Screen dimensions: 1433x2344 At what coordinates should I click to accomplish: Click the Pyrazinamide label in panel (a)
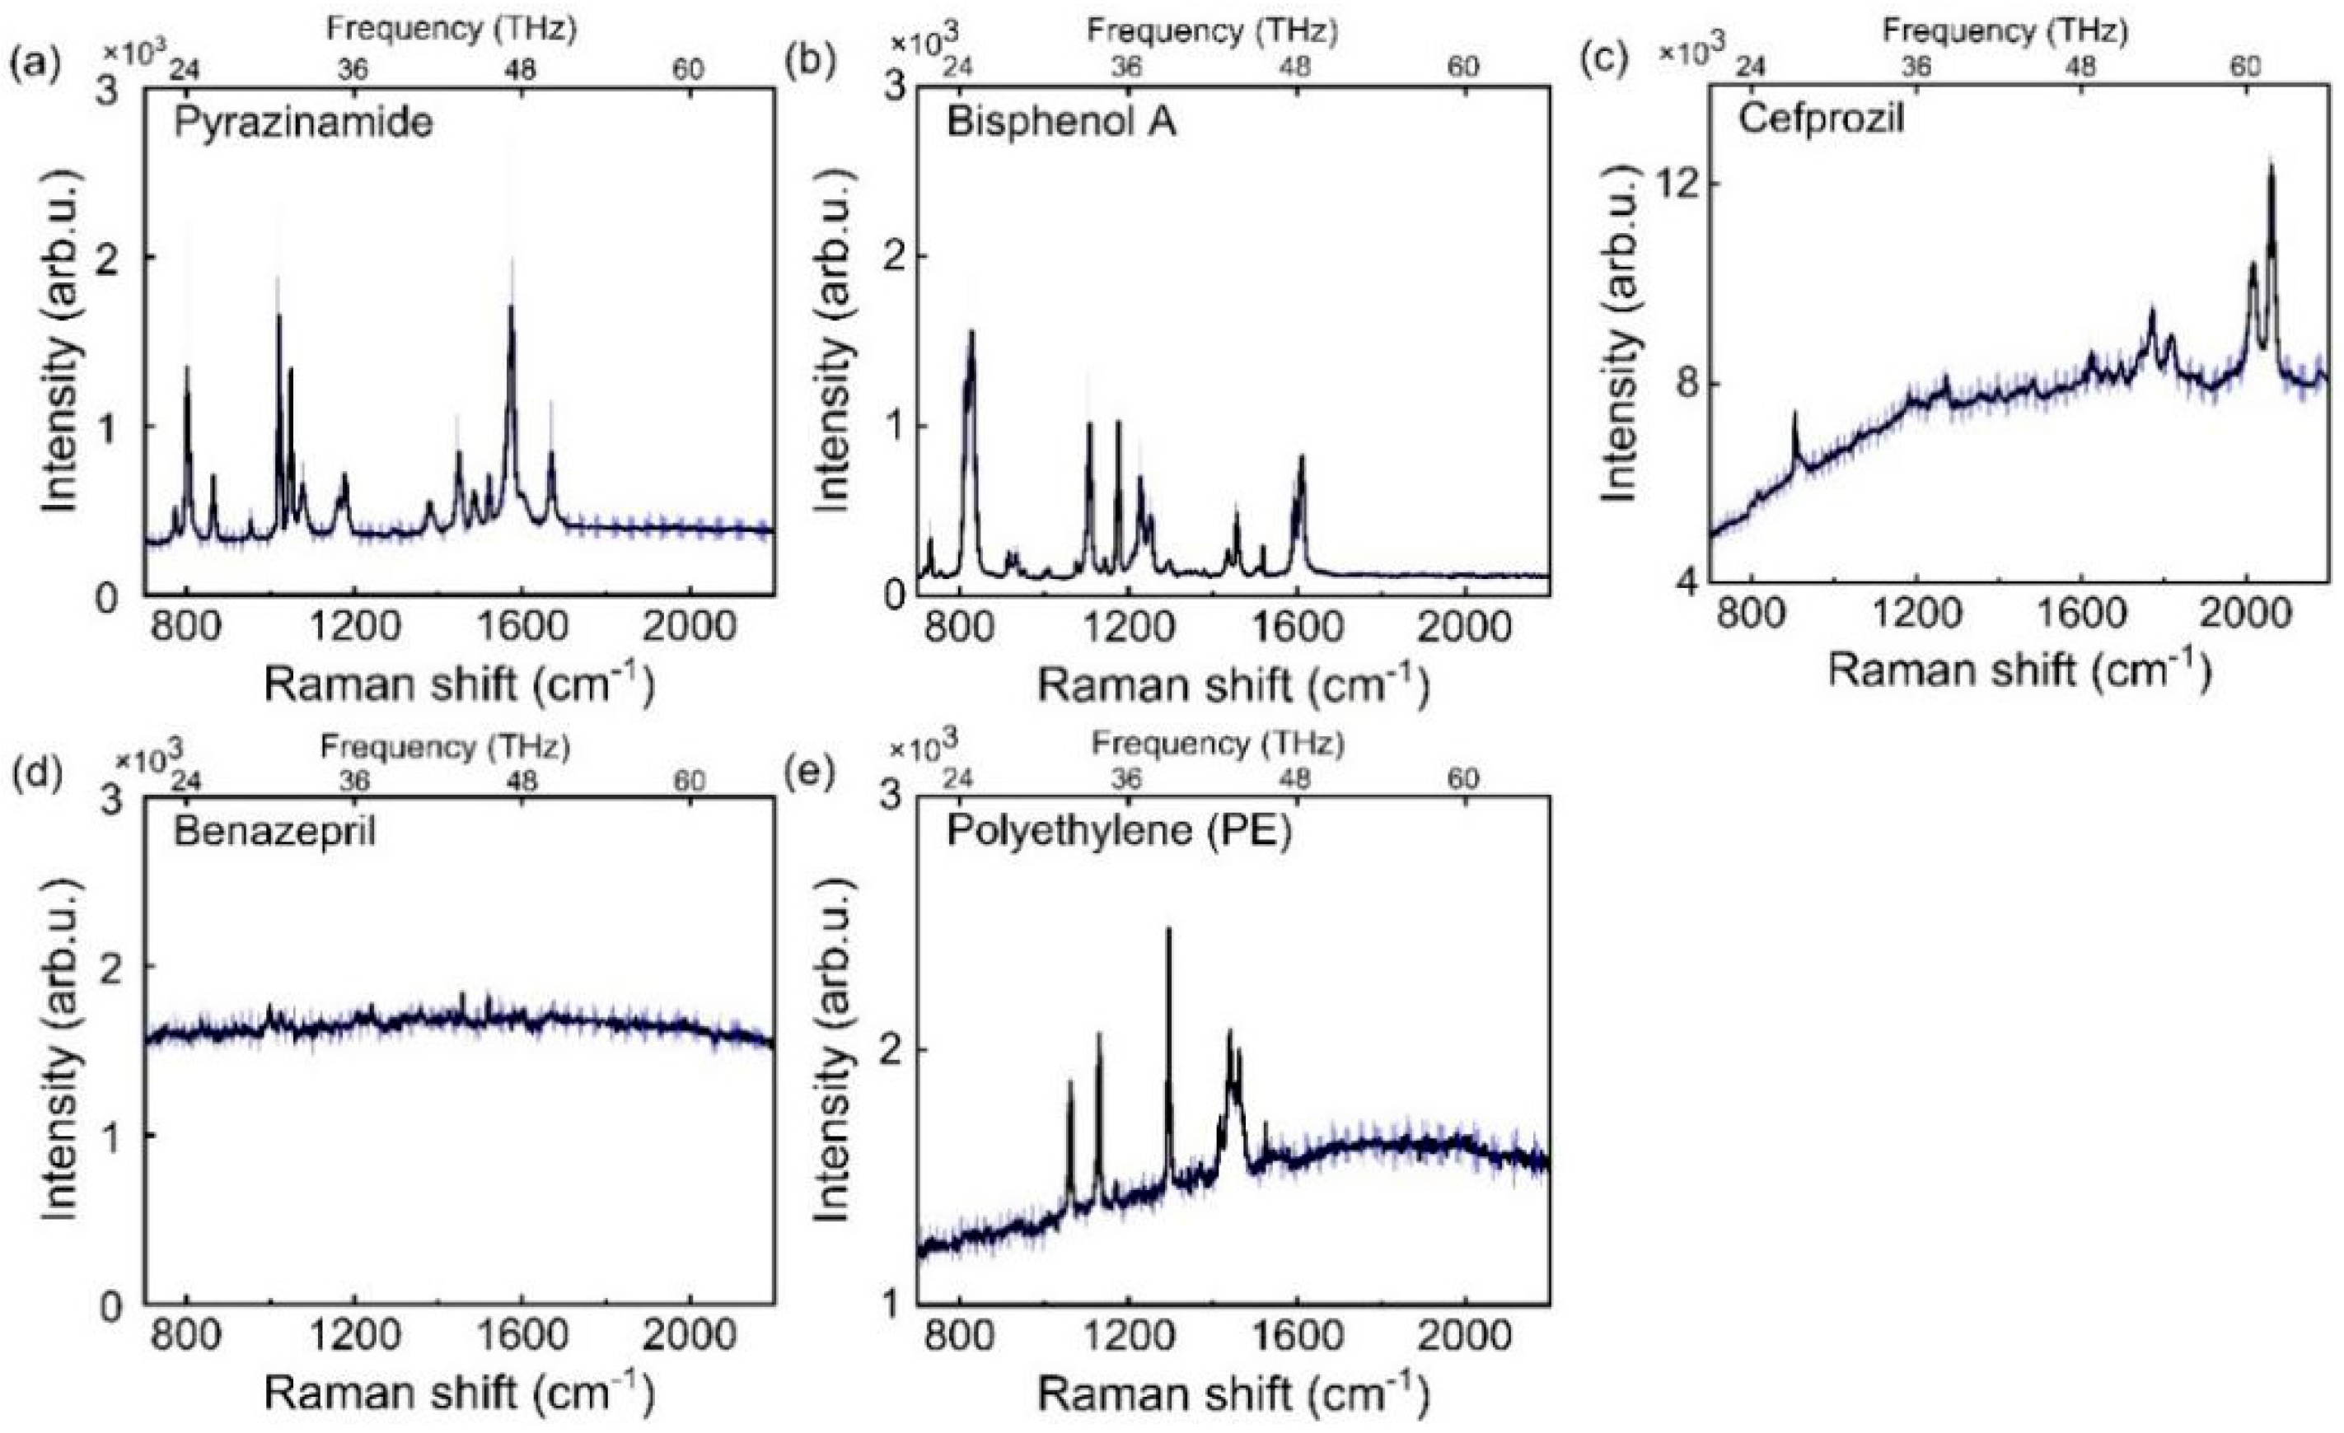coord(302,123)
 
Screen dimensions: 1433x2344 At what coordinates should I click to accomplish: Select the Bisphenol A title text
coord(1060,124)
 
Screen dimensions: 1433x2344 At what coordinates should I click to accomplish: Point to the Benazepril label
coord(274,832)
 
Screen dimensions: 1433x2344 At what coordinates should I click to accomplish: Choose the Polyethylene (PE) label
coord(1120,832)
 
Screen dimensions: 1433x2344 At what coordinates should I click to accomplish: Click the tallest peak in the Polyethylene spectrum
coord(1168,931)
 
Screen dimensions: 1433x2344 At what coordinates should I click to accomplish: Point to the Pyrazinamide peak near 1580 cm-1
coord(512,307)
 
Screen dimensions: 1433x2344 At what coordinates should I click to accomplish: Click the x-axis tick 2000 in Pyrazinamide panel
coord(689,628)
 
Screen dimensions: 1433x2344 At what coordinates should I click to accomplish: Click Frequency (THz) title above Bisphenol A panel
coord(1212,31)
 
